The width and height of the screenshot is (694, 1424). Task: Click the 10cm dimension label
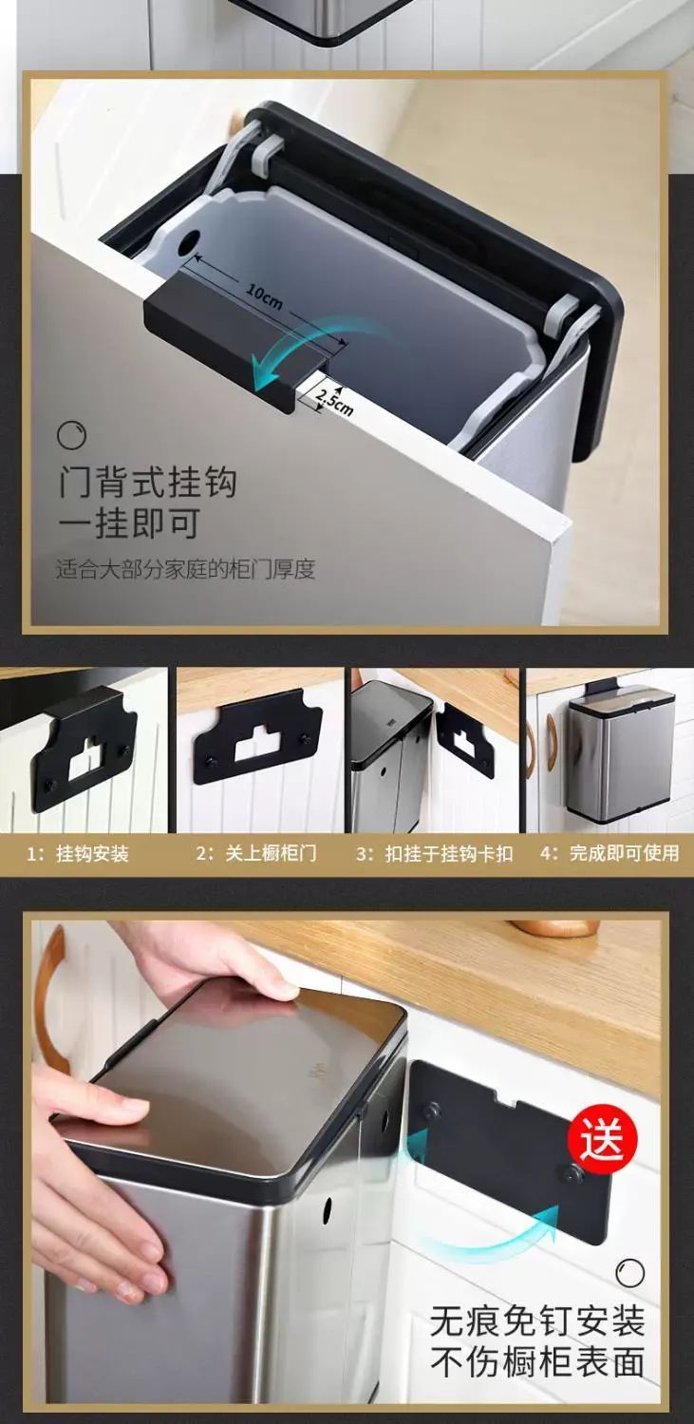click(x=264, y=297)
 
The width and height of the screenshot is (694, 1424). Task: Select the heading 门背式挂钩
click(x=148, y=482)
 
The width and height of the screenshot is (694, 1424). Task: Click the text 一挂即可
click(x=129, y=523)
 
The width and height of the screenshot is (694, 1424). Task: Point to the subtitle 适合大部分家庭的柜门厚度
click(x=185, y=569)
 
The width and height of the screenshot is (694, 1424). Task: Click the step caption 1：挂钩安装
click(x=78, y=853)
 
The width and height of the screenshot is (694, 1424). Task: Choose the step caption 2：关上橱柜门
click(x=255, y=853)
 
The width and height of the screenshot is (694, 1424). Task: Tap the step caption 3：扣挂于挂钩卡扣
click(x=434, y=853)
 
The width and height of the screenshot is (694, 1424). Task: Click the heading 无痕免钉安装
click(x=537, y=1322)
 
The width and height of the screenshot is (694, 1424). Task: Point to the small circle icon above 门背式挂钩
click(x=71, y=435)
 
